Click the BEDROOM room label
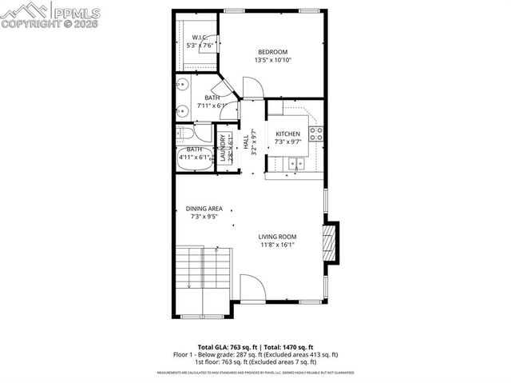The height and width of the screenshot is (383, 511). tap(272, 52)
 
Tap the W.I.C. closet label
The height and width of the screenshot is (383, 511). tap(200, 38)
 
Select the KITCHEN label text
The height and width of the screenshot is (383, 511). tap(288, 134)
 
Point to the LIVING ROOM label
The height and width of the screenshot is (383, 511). tap(277, 236)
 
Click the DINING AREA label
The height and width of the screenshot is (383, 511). tap(204, 209)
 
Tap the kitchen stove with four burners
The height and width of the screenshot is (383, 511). tap(315, 134)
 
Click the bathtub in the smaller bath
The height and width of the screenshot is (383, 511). tap(194, 157)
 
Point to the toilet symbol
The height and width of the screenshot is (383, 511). tap(184, 134)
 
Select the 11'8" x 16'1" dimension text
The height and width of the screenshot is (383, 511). tap(277, 245)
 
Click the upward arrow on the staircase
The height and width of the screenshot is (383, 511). tap(189, 272)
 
